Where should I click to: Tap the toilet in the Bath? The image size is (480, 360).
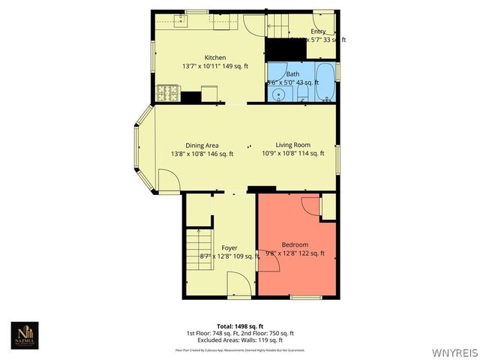click(297, 96)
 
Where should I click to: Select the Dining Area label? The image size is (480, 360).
click(202, 145)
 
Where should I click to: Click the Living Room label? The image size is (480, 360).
click(292, 145)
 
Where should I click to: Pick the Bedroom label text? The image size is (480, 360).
click(295, 245)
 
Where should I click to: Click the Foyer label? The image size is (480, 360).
click(229, 247)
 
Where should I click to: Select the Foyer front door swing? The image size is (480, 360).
click(238, 286)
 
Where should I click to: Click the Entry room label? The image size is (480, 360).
click(319, 31)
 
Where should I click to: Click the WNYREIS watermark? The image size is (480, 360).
click(454, 352)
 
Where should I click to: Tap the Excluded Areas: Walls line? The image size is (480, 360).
click(240, 340)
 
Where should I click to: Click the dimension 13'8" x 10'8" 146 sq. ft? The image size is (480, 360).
click(202, 154)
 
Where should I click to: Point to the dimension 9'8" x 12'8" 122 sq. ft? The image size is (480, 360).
click(295, 253)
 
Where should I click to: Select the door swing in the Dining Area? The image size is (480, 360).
click(167, 181)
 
